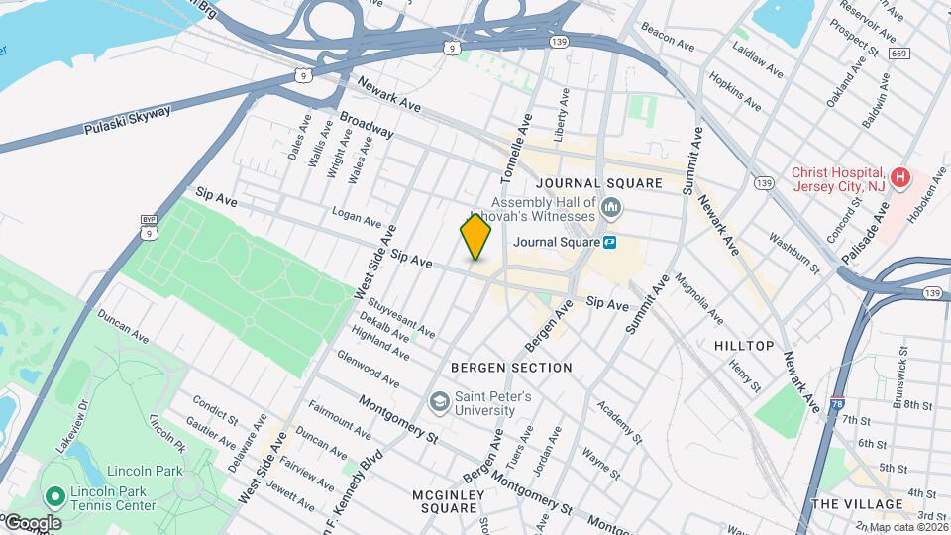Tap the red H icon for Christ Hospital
pos(899,179)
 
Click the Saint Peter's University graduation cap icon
pos(438,403)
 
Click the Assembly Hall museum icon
pos(611,209)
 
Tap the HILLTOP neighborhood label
pos(744,345)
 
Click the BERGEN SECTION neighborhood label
pos(511,368)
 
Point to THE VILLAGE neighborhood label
pos(857,504)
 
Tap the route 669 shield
pos(898,53)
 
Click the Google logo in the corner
pos(32,522)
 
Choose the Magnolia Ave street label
pos(697,299)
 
